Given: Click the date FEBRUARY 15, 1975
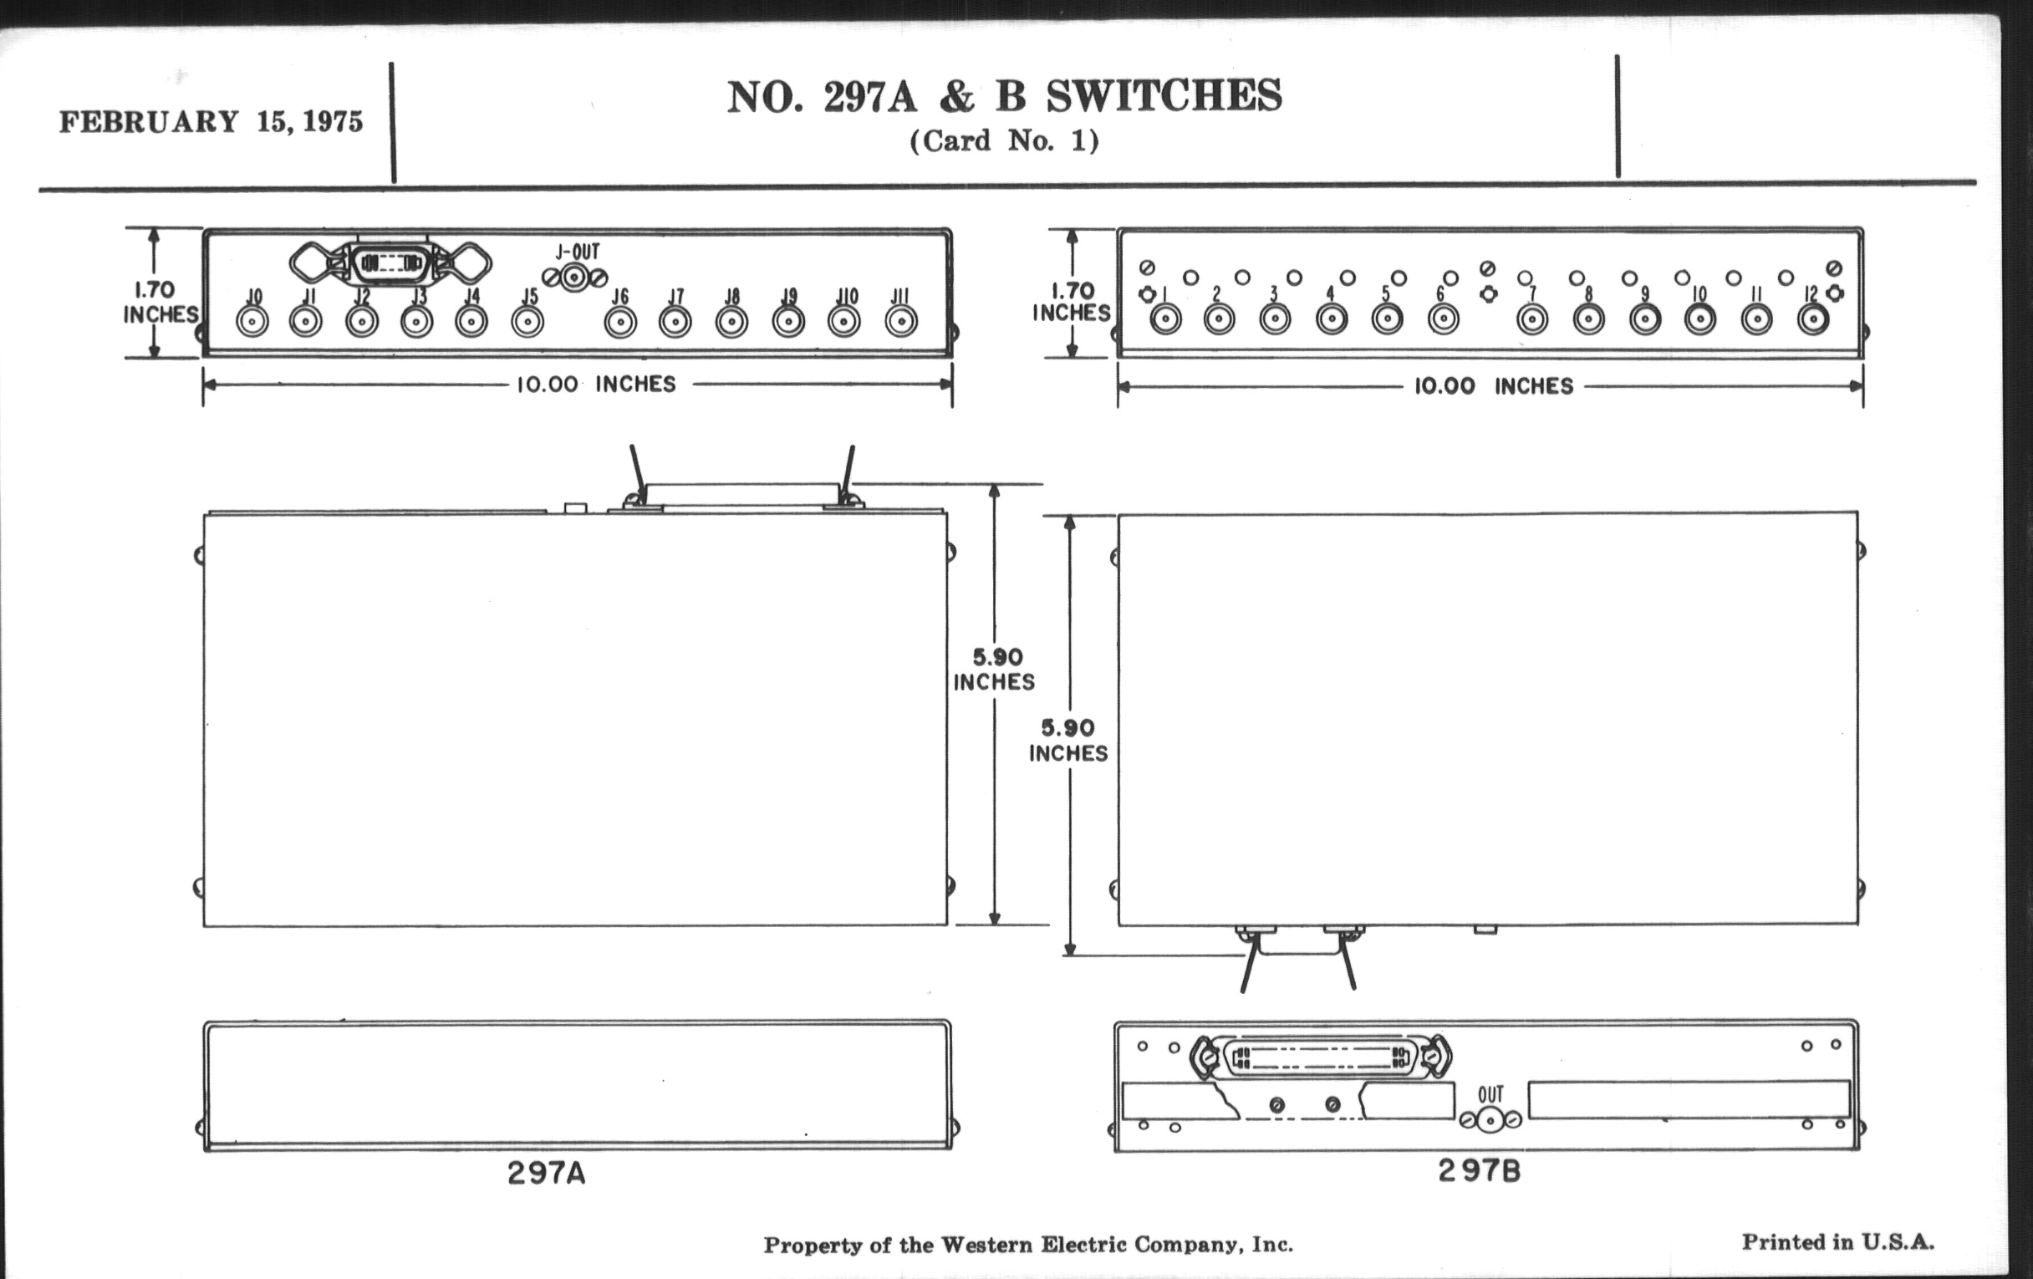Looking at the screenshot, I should [x=210, y=122].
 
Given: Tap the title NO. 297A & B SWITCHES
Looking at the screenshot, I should [x=1005, y=96].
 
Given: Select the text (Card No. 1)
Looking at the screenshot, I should [x=1004, y=141].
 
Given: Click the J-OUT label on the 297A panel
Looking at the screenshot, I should [x=578, y=252].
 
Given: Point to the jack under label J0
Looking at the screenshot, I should [x=252, y=322].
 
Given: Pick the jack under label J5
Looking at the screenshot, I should [x=527, y=322].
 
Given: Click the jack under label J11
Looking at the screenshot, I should [x=901, y=322].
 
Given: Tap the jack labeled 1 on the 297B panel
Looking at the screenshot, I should [x=1166, y=319].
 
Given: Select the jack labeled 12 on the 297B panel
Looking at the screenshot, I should [x=1811, y=319].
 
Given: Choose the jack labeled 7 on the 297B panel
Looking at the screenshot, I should [x=1532, y=320].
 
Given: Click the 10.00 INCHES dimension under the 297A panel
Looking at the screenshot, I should [x=596, y=385].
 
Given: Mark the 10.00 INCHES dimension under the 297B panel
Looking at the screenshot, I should [x=1494, y=387].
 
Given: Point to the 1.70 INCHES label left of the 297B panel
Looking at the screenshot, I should [x=1072, y=303].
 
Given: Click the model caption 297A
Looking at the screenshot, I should [x=546, y=1174].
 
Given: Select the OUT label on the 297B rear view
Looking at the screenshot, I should [x=1490, y=1094].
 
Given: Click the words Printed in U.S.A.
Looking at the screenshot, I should [x=1838, y=1242].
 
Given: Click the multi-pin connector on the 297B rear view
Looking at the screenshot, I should [x=1322, y=1057].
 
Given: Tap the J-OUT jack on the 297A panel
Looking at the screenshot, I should [x=575, y=277].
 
